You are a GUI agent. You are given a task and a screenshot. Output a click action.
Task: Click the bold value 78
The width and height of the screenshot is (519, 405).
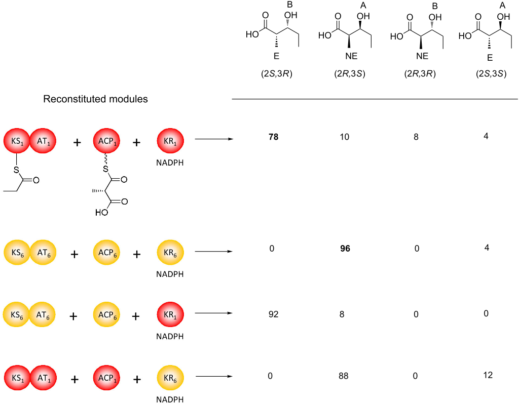tap(274, 137)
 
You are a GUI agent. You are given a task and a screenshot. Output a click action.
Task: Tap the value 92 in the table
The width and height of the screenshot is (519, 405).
tap(274, 314)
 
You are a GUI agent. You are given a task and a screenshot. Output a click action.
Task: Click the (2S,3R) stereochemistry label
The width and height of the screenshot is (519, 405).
tap(275, 73)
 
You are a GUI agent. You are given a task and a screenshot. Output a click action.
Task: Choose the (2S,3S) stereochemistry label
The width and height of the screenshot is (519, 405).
tap(488, 73)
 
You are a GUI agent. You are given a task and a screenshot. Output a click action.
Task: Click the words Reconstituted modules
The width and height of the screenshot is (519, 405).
tap(95, 99)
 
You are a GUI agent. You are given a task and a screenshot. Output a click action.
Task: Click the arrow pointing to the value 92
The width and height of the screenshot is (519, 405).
tap(213, 314)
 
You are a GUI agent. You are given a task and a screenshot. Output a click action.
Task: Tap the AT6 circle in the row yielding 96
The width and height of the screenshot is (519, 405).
tap(43, 252)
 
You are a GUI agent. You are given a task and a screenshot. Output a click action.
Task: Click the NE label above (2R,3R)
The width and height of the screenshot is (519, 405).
tap(422, 56)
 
